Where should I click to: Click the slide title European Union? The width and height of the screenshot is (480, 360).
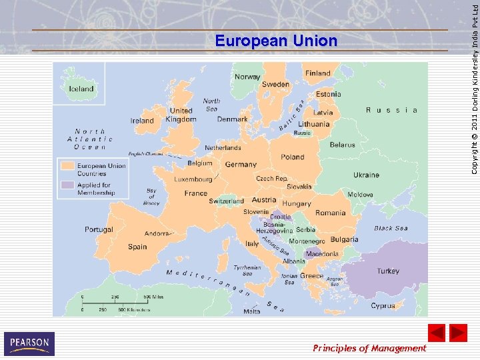point(276,41)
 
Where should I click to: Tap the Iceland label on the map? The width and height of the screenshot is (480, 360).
point(81,89)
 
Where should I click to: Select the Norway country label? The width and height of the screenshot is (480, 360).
point(247,77)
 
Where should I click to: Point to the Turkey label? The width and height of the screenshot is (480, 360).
point(388,271)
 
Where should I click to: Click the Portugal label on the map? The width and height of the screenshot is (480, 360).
point(99,229)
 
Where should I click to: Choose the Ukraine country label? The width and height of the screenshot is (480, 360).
point(366,175)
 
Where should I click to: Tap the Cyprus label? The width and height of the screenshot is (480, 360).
point(383,306)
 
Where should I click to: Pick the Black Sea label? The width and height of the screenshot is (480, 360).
point(391,228)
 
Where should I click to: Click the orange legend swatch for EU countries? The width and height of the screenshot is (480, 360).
point(68,165)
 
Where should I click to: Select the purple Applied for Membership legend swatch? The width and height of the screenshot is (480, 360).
point(68,185)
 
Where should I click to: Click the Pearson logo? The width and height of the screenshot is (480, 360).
point(29,343)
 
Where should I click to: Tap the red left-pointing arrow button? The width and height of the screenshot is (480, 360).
point(437,333)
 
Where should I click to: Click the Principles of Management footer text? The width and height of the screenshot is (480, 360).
point(369,348)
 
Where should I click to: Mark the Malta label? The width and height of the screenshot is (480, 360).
point(252,311)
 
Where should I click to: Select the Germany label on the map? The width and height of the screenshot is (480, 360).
point(241,164)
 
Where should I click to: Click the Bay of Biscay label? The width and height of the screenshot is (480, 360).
point(151,197)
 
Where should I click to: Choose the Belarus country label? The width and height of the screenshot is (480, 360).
point(343,145)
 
